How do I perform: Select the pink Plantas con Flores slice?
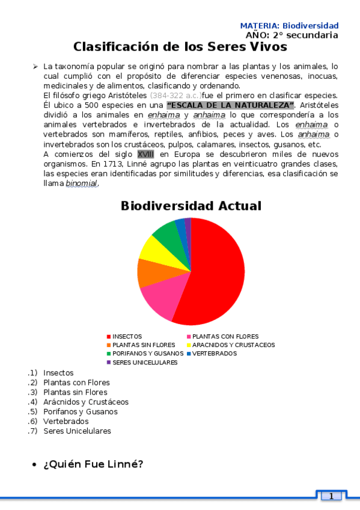(x=158, y=301)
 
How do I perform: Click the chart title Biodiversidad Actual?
(x=191, y=206)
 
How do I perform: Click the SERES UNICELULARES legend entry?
(x=144, y=363)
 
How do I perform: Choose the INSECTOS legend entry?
(x=127, y=336)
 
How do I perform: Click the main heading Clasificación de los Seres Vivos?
(x=180, y=47)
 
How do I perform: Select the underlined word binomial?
(x=81, y=183)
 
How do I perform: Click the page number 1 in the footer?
(x=331, y=496)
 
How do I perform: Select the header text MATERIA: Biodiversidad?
(x=289, y=26)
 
